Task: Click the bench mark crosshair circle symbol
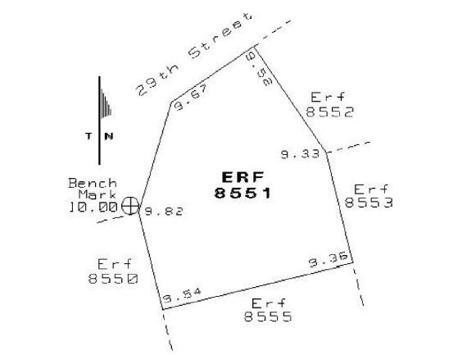[130, 206]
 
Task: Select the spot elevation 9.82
[164, 211]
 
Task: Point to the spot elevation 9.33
[301, 154]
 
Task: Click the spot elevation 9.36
[329, 259]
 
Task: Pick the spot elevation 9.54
[182, 295]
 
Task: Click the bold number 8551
[243, 193]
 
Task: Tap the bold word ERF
[243, 177]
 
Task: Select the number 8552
[330, 112]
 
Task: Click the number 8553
[369, 203]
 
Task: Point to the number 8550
[113, 278]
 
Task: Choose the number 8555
[268, 317]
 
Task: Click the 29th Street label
[194, 54]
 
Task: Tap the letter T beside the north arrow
[88, 136]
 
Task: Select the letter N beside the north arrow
[109, 136]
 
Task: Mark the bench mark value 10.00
[93, 207]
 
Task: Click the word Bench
[93, 183]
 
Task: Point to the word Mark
[97, 194]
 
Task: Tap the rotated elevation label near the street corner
[260, 68]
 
